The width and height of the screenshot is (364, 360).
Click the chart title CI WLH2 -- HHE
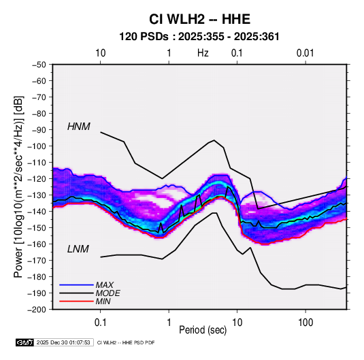[199, 19]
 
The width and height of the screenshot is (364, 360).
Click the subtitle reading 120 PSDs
[144, 37]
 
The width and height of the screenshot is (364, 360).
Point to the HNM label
[79, 127]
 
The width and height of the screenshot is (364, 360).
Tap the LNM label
[78, 249]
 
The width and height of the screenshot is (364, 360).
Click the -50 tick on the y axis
[39, 65]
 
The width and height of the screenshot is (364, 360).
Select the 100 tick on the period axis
[305, 323]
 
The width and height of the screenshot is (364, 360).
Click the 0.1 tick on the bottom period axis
[100, 323]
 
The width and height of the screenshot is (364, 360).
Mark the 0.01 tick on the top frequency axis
[305, 53]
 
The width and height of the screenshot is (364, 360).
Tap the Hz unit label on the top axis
[203, 53]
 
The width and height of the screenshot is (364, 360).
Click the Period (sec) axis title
[203, 330]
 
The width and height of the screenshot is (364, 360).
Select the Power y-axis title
[19, 186]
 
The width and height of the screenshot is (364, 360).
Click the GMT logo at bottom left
[24, 342]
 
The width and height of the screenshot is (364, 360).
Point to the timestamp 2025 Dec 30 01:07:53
[63, 342]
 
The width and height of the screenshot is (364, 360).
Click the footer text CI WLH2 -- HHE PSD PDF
[126, 342]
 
